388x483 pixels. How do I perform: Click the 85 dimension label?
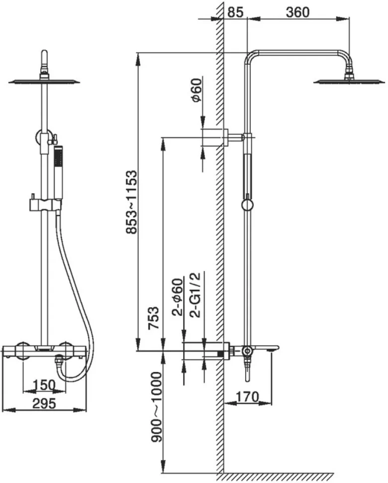tap(235, 12)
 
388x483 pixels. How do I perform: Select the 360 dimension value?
tap(297, 12)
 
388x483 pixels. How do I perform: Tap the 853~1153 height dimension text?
tap(131, 202)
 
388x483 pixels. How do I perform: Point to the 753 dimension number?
tap(154, 318)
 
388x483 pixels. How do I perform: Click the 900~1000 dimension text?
tap(156, 407)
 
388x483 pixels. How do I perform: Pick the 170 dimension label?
tap(247, 396)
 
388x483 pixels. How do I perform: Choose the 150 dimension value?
tap(44, 385)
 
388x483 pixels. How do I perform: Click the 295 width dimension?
tap(44, 403)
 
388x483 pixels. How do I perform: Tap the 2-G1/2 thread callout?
tap(195, 295)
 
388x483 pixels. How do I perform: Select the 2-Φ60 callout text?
tap(178, 297)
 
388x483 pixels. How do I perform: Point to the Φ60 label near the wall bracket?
tap(196, 90)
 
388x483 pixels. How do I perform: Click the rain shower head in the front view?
tap(44, 81)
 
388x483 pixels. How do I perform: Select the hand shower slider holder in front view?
tap(45, 204)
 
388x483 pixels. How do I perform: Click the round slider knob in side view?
tap(247, 205)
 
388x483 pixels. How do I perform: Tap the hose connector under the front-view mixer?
tap(58, 360)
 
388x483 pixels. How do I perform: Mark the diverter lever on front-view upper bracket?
tap(55, 139)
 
